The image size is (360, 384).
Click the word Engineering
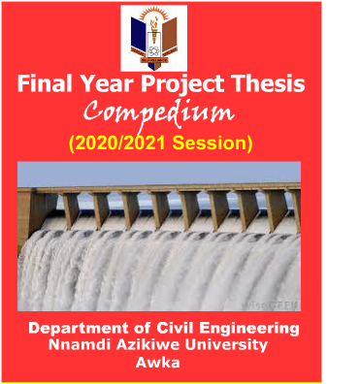(250, 330)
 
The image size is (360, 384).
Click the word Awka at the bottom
(159, 363)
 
